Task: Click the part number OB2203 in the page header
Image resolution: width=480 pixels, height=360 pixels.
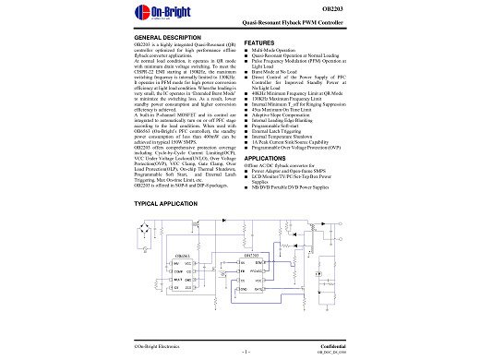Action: pos(332,11)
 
